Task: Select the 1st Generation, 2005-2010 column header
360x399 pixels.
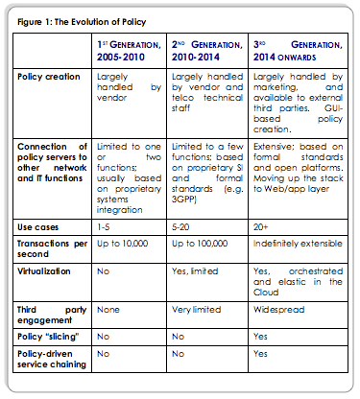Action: (137, 50)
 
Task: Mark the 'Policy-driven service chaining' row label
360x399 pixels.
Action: (53, 358)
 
